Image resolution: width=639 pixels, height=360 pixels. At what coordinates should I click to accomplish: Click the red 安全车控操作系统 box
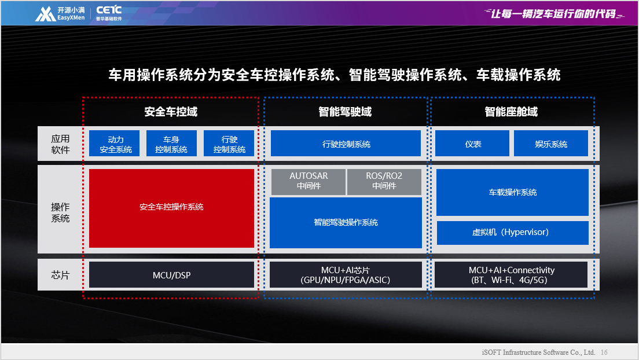tap(171, 208)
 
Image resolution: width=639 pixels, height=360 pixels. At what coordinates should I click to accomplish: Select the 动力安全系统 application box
tap(114, 143)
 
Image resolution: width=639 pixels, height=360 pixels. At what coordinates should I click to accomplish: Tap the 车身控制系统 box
tap(171, 143)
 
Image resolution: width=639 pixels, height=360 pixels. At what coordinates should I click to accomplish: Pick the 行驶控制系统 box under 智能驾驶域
tap(346, 143)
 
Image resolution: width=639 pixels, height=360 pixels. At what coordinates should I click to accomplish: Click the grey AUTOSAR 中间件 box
tap(309, 181)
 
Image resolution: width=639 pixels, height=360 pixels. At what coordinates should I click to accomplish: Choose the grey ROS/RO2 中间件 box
tap(384, 181)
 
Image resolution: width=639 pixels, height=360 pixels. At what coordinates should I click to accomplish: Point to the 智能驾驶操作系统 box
tap(346, 223)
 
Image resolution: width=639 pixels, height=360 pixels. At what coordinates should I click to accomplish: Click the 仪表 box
tap(472, 143)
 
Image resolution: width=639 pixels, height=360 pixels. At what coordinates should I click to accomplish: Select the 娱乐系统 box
tap(551, 143)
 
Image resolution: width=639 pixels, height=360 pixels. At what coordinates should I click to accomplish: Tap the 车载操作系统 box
tap(512, 192)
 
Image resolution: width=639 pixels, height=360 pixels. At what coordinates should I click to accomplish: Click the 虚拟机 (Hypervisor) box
tap(512, 233)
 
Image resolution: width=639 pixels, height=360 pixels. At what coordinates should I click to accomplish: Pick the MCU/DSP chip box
tap(171, 275)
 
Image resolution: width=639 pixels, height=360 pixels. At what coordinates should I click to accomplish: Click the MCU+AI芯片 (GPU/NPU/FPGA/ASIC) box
tap(346, 275)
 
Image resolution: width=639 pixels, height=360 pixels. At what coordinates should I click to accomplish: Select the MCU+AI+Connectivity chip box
tap(511, 275)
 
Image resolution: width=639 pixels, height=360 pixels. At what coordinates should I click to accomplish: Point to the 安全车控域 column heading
tap(171, 112)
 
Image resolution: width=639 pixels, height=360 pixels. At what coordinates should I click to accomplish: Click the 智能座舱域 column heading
tap(511, 112)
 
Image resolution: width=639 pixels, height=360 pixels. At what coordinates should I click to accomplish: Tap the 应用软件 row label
tap(60, 144)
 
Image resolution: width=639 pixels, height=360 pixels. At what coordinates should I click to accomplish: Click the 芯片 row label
tap(60, 275)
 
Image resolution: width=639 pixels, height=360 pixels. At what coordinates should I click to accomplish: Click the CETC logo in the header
tap(109, 13)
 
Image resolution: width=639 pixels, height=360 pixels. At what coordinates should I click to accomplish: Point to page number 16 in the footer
tap(604, 352)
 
